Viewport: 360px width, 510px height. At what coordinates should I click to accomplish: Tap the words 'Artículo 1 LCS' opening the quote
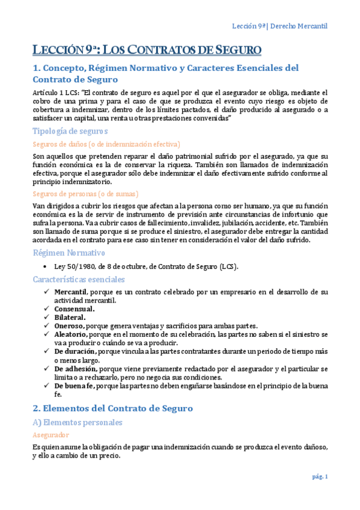point(56,93)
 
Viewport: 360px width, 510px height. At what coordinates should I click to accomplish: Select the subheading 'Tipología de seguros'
point(70,131)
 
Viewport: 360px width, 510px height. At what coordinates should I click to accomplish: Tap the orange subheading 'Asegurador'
point(51,434)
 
